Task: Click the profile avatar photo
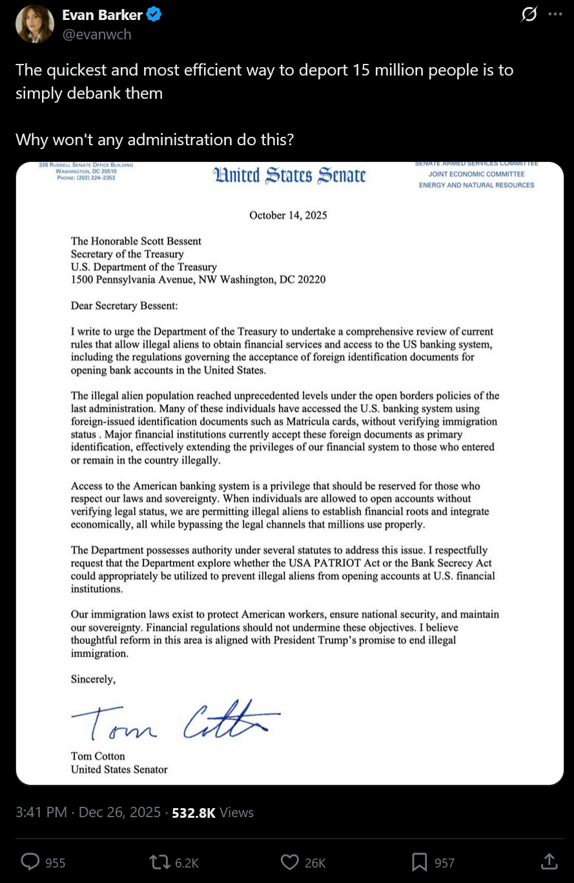tap(35, 24)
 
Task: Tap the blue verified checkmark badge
tap(154, 15)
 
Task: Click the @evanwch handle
tap(96, 34)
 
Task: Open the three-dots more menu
tap(555, 14)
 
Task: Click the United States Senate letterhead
tap(289, 176)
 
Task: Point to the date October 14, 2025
tap(288, 215)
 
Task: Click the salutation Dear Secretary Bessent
tap(124, 305)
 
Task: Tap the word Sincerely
tap(93, 679)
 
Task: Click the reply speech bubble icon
tap(31, 862)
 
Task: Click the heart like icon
tap(290, 862)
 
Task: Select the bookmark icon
tap(420, 862)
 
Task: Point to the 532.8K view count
tap(194, 812)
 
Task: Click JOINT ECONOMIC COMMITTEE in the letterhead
tap(477, 174)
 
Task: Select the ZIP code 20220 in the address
tap(311, 279)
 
